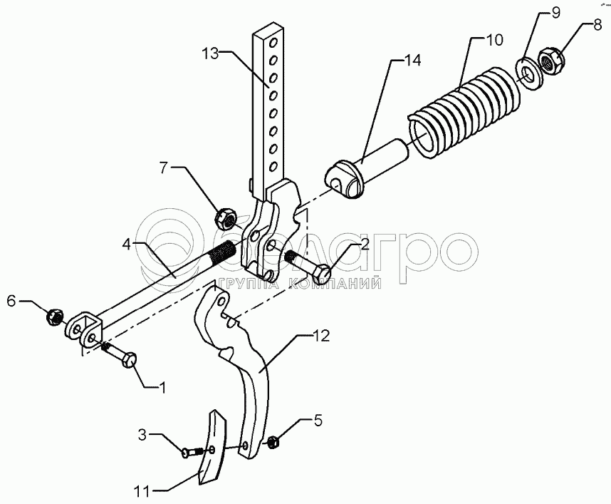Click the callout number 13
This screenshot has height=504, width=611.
(x=210, y=54)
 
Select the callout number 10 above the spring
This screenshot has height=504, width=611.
(x=495, y=40)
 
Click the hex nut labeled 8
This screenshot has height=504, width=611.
(x=551, y=61)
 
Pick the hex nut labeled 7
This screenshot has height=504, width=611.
(x=226, y=218)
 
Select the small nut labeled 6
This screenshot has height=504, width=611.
(x=55, y=317)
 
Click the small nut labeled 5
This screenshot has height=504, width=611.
(x=272, y=441)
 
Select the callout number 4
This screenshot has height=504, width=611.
(x=126, y=245)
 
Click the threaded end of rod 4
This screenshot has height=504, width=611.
(x=221, y=254)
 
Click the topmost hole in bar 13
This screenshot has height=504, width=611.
(x=274, y=41)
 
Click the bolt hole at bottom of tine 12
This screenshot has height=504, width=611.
(x=246, y=446)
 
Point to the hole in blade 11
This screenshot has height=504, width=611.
(x=211, y=450)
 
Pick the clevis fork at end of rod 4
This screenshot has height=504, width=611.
(x=85, y=328)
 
